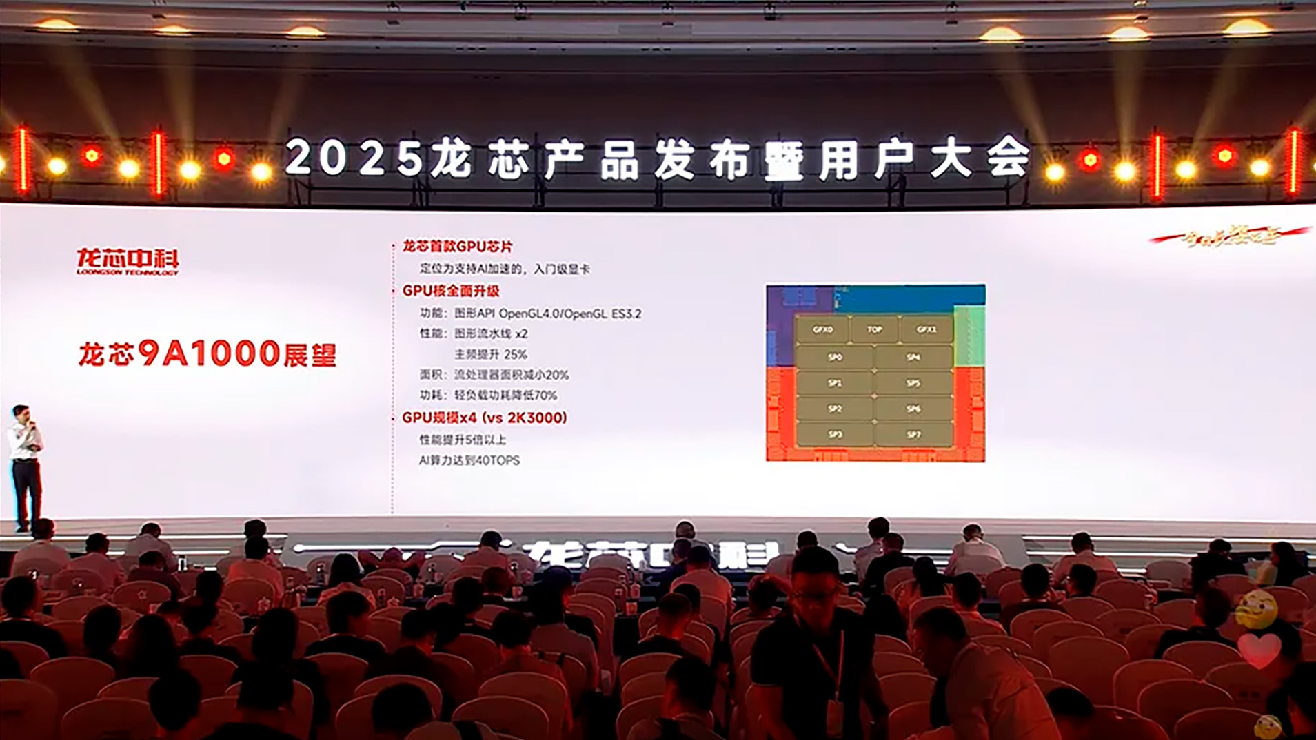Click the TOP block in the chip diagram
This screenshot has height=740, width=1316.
[x=874, y=329]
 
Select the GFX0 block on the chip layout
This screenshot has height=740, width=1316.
[x=822, y=329]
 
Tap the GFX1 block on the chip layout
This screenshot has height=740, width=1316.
[x=927, y=329]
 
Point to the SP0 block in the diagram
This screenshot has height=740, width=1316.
[x=835, y=358]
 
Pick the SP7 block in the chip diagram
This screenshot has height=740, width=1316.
[x=913, y=435]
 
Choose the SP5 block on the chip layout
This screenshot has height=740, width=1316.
[x=913, y=383]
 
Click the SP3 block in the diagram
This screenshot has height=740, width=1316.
[x=835, y=435]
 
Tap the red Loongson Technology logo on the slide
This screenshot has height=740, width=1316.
[x=128, y=261]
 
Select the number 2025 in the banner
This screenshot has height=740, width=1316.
[x=354, y=158]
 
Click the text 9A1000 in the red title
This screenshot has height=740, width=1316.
[x=208, y=353]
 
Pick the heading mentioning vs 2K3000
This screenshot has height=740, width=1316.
[x=485, y=418]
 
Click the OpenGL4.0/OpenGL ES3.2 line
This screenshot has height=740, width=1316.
[x=569, y=314]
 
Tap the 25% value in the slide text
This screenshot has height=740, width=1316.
[x=515, y=354]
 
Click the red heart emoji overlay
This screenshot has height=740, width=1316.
[x=1259, y=650]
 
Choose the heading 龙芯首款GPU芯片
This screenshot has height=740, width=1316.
[x=457, y=247]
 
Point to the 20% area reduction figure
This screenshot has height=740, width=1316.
[x=556, y=375]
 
